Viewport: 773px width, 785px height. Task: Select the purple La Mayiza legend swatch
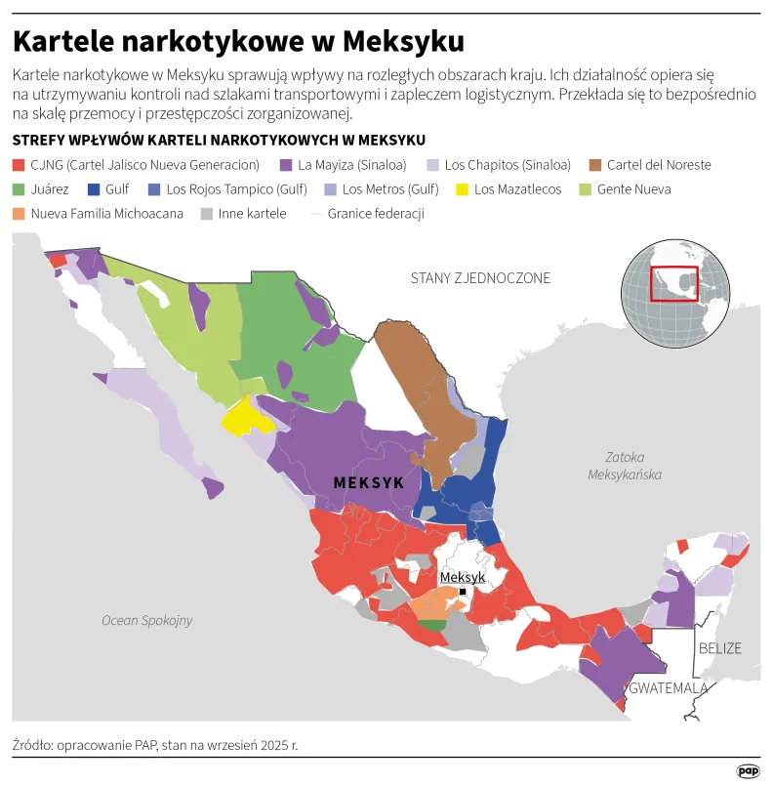[287, 165]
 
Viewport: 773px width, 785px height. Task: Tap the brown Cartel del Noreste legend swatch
[595, 165]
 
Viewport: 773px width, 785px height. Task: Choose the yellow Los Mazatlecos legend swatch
[463, 189]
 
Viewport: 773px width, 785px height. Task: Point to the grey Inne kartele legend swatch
[207, 214]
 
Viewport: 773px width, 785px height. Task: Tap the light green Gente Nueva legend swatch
[586, 189]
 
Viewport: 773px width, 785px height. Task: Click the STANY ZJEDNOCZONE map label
[480, 278]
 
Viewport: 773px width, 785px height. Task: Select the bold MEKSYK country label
[368, 483]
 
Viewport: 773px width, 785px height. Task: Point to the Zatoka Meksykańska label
[625, 465]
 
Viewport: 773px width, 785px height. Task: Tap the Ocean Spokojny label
[147, 620]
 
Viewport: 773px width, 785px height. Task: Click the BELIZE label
[719, 648]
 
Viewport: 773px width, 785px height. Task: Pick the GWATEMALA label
[669, 688]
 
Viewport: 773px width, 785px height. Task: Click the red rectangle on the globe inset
[673, 283]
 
